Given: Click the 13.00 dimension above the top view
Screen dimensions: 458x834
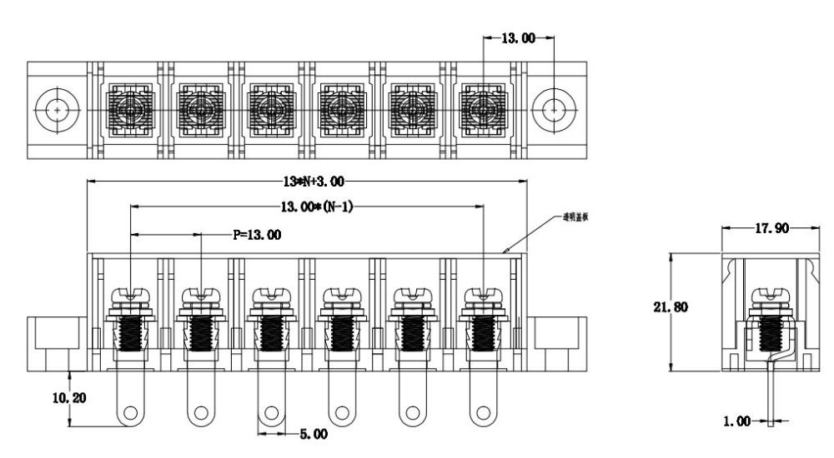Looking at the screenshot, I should (x=517, y=38).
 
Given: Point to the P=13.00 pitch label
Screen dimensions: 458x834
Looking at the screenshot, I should (x=256, y=235).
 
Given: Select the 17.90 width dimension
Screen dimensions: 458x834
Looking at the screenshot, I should (x=768, y=228).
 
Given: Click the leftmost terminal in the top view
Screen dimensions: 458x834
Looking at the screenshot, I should (x=128, y=109).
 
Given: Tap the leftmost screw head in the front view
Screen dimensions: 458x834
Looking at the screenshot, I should (x=131, y=296).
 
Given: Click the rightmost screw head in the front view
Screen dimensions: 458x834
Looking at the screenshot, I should (x=485, y=296).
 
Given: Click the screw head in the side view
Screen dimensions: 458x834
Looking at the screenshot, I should (x=769, y=296).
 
